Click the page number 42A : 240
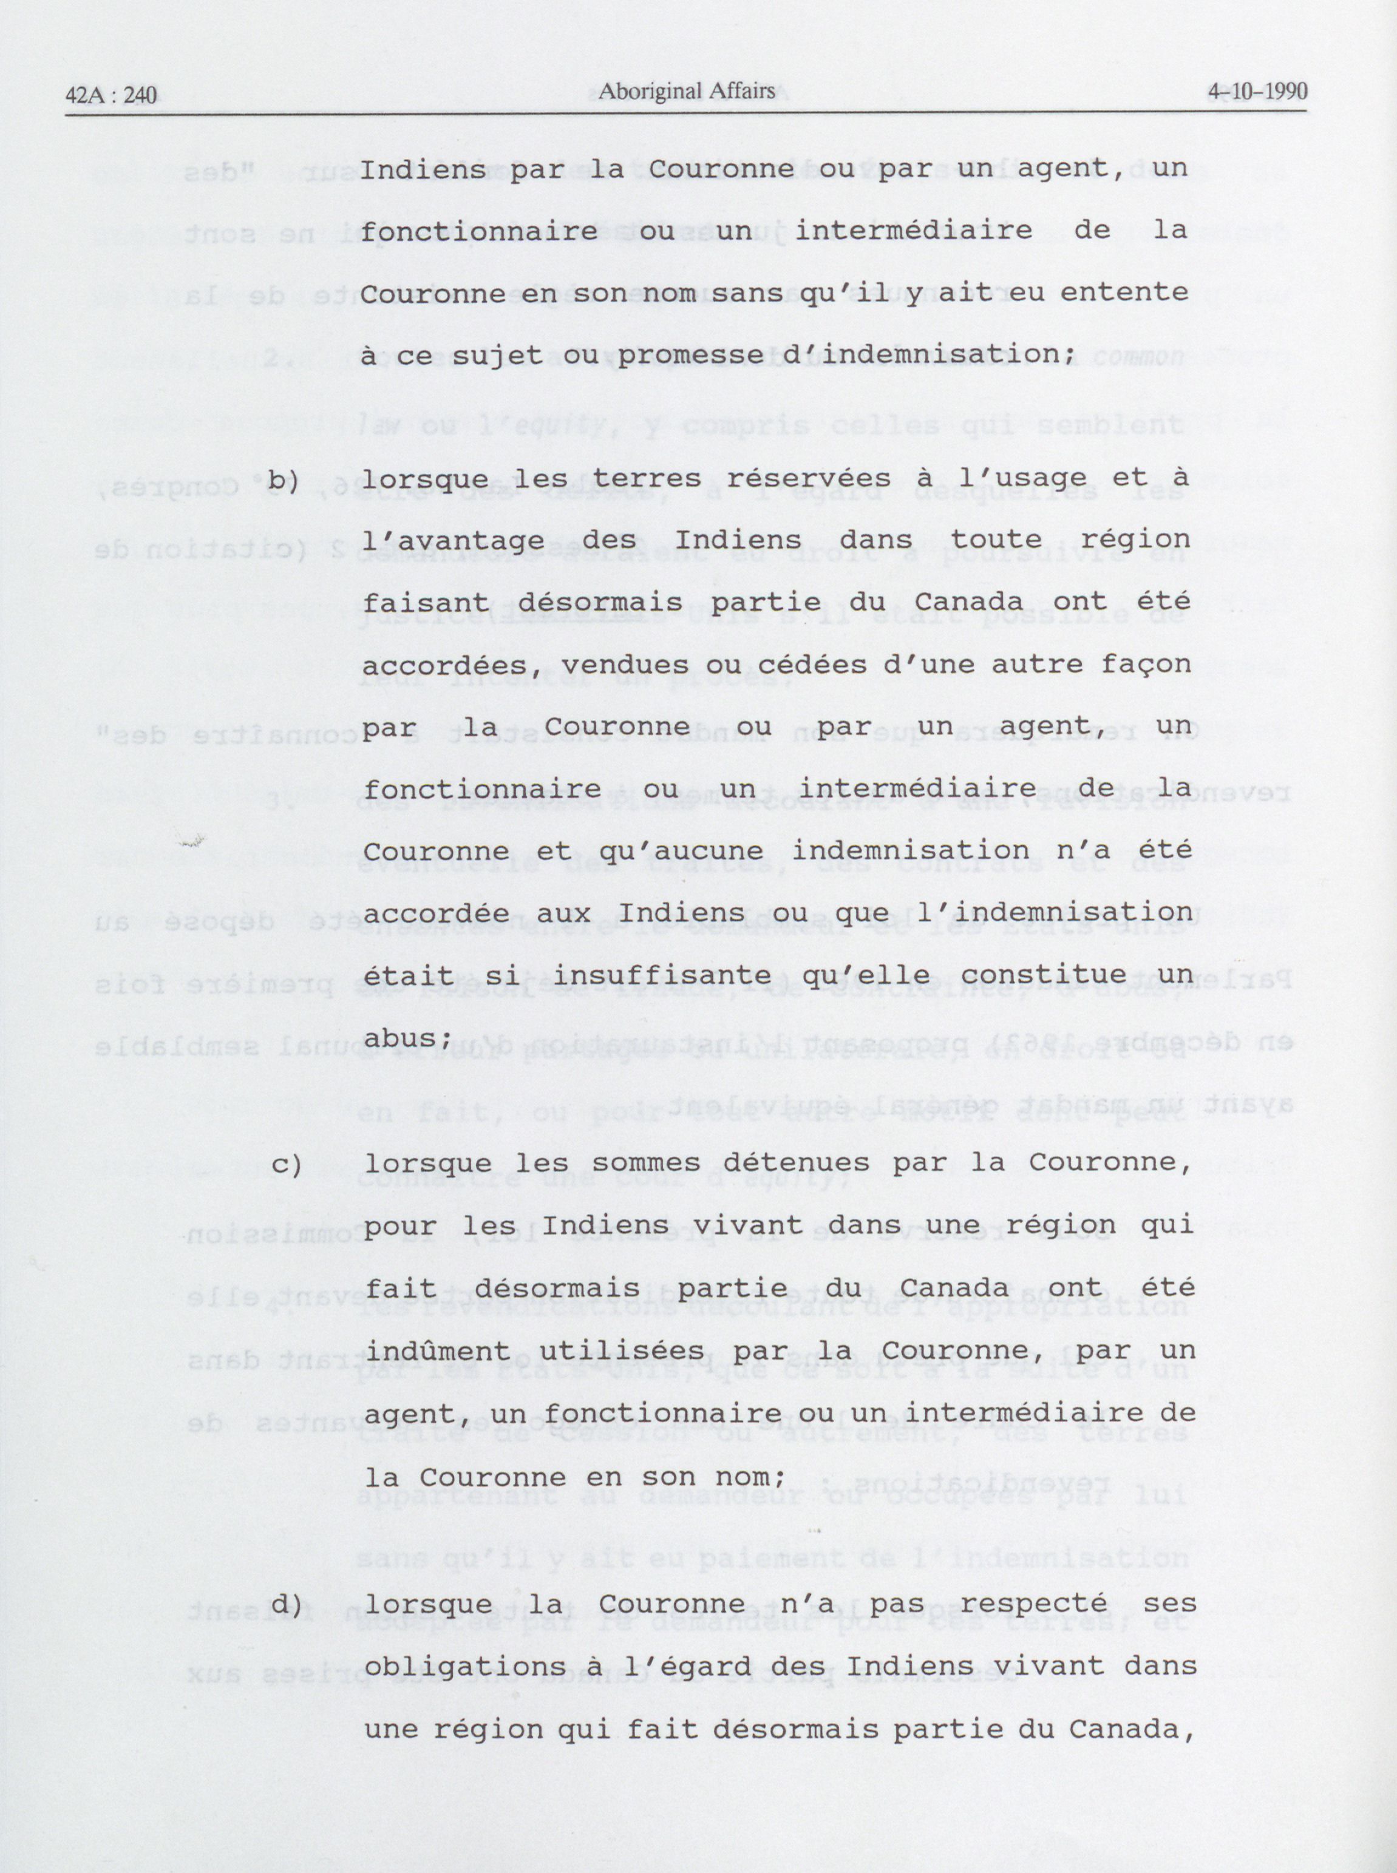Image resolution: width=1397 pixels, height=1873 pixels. [110, 95]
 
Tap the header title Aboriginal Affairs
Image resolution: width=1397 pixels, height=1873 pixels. [686, 90]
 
